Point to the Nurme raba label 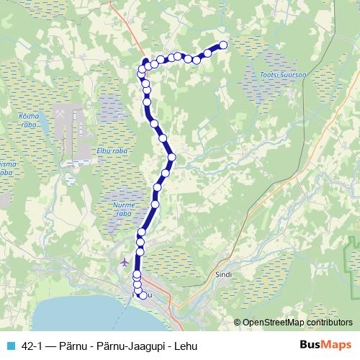coord(124,210)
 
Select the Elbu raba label coord(111,151)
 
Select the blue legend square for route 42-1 coord(9,346)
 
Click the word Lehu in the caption coord(183,346)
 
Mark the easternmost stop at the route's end coord(223,45)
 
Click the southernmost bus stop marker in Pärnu coord(143,295)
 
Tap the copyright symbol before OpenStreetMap coord(238,323)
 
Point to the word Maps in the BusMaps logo coord(337,346)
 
